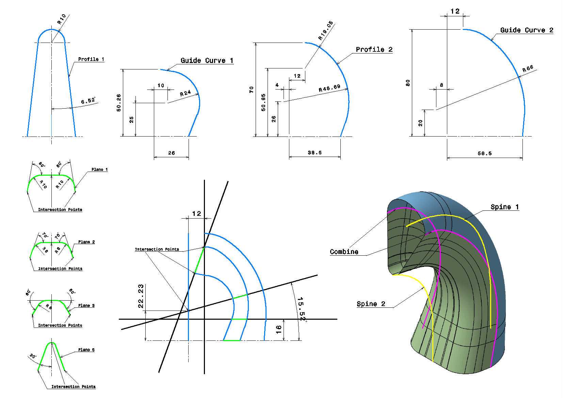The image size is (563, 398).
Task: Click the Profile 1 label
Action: point(91,59)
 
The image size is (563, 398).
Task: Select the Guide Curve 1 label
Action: point(207,61)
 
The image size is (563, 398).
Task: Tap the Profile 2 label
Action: point(374,49)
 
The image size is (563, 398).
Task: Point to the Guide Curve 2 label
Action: point(527,30)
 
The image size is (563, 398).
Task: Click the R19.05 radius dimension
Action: point(326,30)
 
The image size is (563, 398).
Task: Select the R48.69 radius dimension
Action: point(329,88)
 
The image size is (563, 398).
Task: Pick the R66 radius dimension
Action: point(528,69)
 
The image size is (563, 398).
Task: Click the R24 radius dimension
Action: point(185,93)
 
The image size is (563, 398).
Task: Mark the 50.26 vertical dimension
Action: point(119,102)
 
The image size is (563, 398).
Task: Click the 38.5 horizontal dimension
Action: point(315,153)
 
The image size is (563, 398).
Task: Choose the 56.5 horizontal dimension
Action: point(485,153)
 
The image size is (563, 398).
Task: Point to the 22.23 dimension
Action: point(141,296)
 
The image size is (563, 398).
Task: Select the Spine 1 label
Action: point(505,207)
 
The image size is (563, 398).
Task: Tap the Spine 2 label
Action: point(371,304)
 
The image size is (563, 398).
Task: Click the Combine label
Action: point(344,252)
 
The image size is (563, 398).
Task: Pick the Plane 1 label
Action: point(99,170)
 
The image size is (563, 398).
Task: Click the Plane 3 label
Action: point(86,305)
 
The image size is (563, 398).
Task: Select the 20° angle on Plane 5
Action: point(33,356)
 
